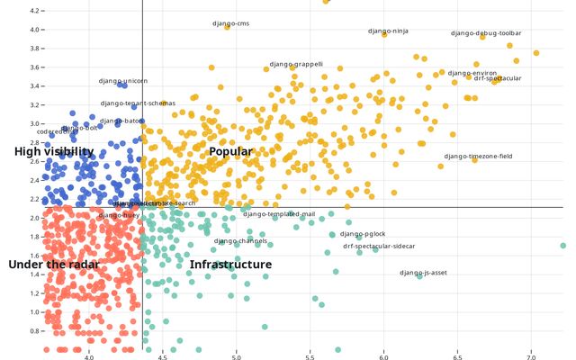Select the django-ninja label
388,31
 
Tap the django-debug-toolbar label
486,33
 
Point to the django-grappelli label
296,65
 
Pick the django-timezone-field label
478,157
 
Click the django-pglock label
363,234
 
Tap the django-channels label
240,241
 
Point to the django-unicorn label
123,81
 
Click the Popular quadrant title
230,152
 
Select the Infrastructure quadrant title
230,265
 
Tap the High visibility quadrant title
54,152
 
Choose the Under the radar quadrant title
52,265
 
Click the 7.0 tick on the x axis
530,356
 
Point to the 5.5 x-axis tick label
310,356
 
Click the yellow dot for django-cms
227,28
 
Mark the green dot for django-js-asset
419,276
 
